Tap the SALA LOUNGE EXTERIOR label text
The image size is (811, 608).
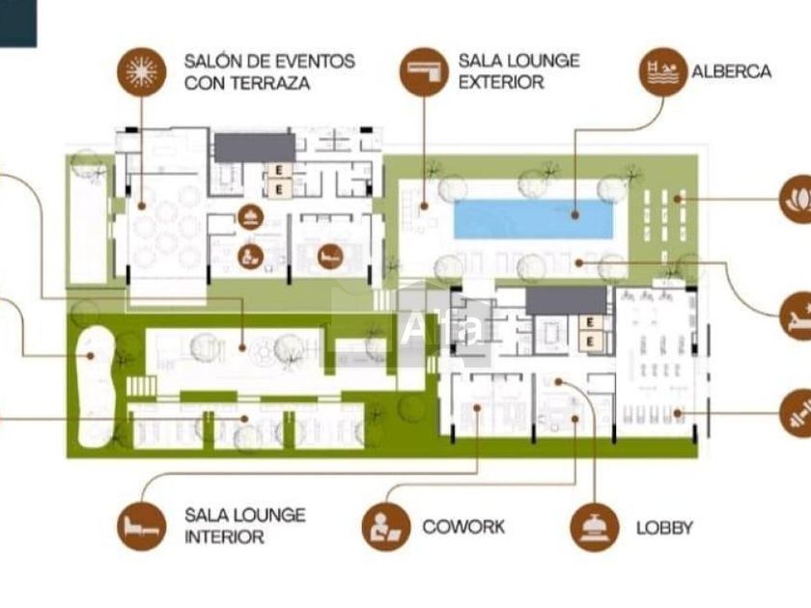[x=518, y=70]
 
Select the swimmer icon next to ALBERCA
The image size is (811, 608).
[x=663, y=70]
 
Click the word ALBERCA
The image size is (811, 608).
[x=731, y=71]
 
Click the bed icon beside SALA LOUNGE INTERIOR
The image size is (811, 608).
[x=142, y=526]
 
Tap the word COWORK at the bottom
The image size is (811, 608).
[x=463, y=527]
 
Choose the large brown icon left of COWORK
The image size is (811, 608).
[x=386, y=527]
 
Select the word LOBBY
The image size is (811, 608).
[x=664, y=528]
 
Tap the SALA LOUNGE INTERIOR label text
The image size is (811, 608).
[x=244, y=526]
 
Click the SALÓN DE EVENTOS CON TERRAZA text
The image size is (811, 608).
[x=269, y=71]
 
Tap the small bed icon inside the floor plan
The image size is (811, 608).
[x=329, y=256]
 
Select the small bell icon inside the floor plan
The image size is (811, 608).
[x=251, y=214]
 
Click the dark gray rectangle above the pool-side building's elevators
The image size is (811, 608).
[x=566, y=300]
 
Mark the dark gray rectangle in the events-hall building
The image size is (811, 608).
[x=254, y=148]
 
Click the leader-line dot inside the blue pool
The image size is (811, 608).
[x=573, y=215]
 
